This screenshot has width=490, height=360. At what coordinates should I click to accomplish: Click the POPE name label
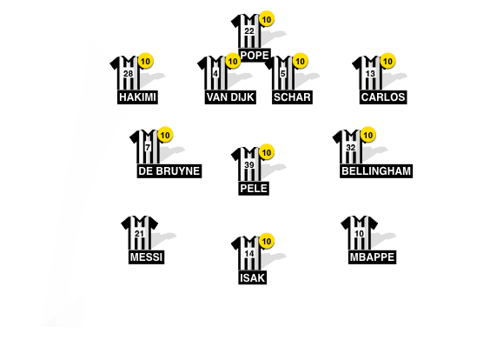(255, 55)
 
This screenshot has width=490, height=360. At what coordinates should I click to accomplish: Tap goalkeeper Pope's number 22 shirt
(249, 32)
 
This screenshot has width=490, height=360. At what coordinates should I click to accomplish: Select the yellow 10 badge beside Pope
(267, 18)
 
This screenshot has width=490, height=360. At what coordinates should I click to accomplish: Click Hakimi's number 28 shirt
(129, 75)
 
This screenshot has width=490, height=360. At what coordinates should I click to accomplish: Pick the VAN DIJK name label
(230, 97)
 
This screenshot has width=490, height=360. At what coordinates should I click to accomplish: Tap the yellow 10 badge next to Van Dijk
(233, 61)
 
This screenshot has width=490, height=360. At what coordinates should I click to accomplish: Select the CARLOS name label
(382, 97)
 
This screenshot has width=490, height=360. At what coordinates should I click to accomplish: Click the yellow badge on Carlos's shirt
(388, 61)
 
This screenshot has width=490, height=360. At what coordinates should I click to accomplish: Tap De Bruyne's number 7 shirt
(148, 149)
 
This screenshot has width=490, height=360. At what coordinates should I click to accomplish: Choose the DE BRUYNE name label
(169, 171)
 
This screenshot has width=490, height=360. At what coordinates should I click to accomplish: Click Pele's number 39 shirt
(249, 165)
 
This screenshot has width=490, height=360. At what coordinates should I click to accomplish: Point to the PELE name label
(255, 188)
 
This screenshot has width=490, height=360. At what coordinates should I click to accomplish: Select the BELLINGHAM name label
(376, 171)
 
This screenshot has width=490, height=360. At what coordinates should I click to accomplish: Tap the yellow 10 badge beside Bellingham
(368, 135)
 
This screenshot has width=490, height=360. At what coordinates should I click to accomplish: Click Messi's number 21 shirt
(140, 234)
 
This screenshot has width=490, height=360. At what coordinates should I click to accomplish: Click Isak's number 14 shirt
(249, 254)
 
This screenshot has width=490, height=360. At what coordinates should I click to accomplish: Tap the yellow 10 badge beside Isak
(267, 241)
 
